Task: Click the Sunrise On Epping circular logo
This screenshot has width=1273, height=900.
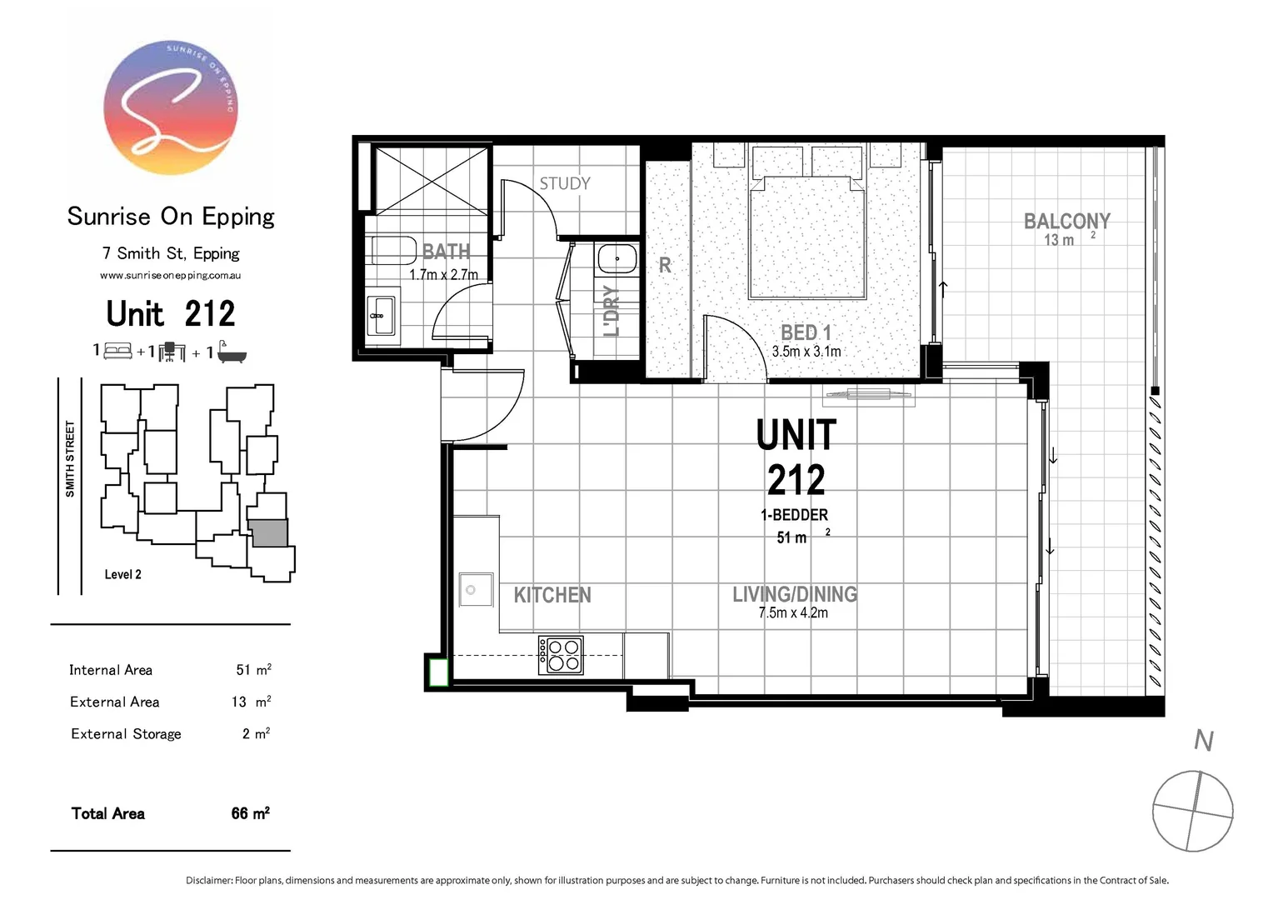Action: click(x=171, y=107)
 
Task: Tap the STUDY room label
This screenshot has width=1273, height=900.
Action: click(x=564, y=183)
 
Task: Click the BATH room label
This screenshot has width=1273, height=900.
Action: click(x=446, y=251)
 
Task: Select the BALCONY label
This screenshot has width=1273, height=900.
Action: click(x=1066, y=221)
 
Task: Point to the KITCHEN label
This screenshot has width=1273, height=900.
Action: click(x=552, y=595)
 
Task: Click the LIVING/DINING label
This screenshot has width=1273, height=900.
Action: click(x=794, y=594)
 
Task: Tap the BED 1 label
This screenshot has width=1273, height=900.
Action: click(x=806, y=332)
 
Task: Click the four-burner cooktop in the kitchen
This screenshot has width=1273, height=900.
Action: click(x=561, y=655)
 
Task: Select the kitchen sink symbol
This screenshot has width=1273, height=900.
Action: click(x=475, y=590)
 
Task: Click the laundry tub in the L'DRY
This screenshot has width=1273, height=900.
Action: click(x=617, y=259)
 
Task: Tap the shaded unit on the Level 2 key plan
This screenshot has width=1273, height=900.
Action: click(x=269, y=533)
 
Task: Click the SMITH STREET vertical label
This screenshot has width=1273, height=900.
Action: click(x=70, y=459)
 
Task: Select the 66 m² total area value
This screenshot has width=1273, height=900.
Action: click(x=250, y=813)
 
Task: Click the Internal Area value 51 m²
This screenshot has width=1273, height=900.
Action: click(x=253, y=670)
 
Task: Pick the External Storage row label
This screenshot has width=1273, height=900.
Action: click(x=126, y=734)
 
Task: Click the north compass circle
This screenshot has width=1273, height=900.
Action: click(x=1192, y=811)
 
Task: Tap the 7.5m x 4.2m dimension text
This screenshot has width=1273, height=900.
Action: click(x=792, y=613)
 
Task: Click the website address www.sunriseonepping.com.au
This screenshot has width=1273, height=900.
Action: click(x=170, y=275)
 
